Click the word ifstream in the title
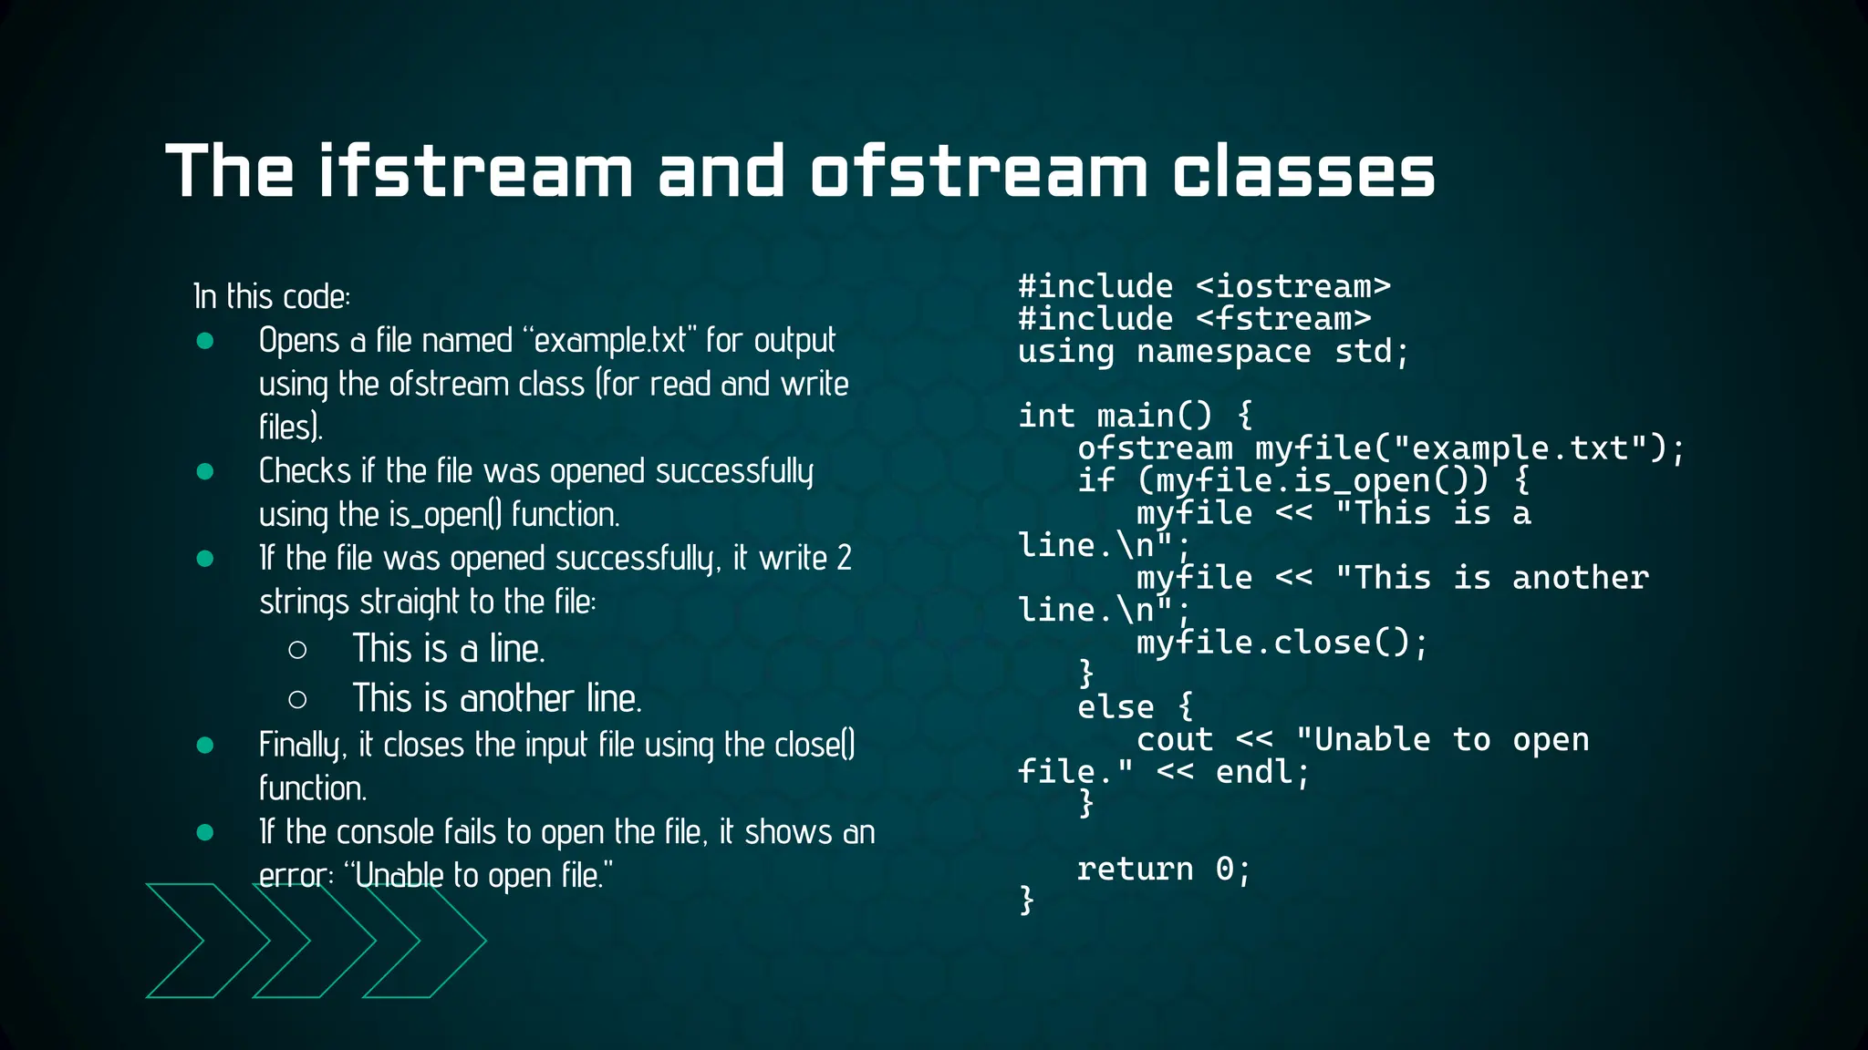pos(475,171)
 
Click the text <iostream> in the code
pos(1292,286)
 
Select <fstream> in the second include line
pos(1282,319)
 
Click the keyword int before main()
pos(1046,416)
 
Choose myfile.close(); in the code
pos(1282,643)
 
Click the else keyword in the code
pos(1116,707)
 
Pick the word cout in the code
pos(1174,739)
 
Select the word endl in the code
pos(1253,772)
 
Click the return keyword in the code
pos(1135,869)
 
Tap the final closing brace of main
pos(1027,900)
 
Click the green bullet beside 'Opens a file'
pos(205,341)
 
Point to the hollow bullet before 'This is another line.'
pos(297,699)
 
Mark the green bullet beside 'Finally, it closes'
pos(205,745)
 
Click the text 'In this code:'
pos(272,297)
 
